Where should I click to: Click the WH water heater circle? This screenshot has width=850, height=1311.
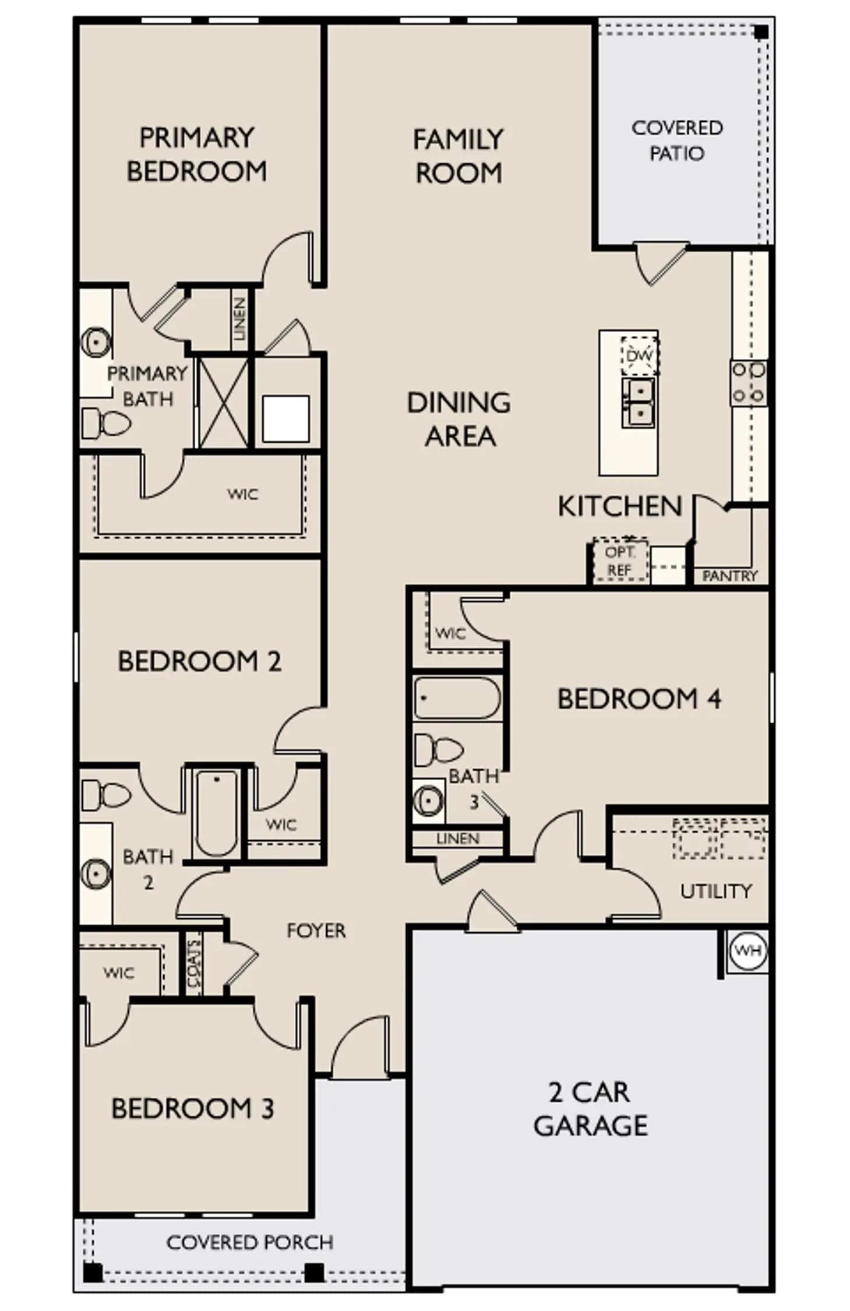tap(747, 950)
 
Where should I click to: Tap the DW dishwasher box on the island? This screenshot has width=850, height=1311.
tap(639, 355)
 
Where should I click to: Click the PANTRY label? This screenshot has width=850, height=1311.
tap(729, 576)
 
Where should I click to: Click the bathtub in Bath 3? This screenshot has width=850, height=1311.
tap(457, 698)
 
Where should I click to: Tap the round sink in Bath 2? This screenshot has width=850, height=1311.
tap(96, 874)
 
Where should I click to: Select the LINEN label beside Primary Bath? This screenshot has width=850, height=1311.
tap(239, 319)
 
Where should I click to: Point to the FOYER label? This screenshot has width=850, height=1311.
tap(316, 931)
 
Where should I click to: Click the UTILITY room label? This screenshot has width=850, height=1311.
tap(715, 890)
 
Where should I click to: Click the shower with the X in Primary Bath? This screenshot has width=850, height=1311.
tap(224, 403)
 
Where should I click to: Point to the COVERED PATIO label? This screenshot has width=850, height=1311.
tap(677, 140)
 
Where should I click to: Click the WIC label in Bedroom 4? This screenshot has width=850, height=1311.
tap(450, 633)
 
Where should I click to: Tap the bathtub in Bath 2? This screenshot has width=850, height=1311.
tap(216, 813)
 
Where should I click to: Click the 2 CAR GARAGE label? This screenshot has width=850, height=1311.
tap(590, 1109)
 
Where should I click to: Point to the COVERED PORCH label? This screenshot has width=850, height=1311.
tap(250, 1242)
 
